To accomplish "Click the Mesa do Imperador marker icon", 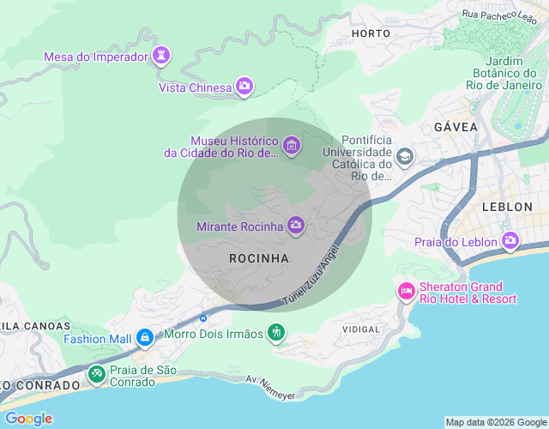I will point(160,57).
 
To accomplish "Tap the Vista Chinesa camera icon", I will point(244,86).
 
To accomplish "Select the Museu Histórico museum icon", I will point(292,146).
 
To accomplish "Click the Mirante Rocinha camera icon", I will point(296,226).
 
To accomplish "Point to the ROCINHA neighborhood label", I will point(259,257).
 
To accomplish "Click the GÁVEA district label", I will point(455,126).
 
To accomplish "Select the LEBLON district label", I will point(508,207).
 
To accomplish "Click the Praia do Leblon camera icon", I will point(511,240).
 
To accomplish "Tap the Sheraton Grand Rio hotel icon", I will point(405,293).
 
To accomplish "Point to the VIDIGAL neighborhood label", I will point(360,329).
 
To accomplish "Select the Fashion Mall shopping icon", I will point(145,338).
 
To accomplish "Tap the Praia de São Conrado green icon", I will point(97,375).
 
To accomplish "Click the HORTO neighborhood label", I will point(371,33).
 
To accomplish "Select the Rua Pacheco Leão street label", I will point(499,14).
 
